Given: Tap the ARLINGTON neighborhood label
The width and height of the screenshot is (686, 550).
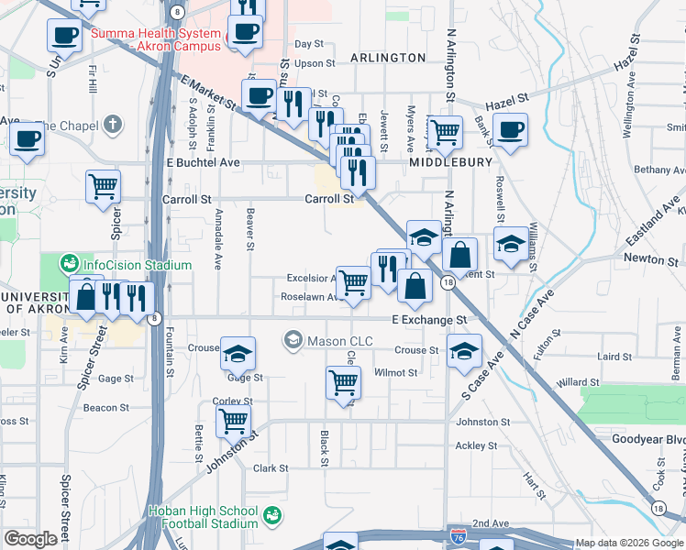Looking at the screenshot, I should pos(388,58).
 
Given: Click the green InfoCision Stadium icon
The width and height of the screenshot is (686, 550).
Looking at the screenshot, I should pos(69,265).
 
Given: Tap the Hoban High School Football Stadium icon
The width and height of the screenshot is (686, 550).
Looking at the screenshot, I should pos(271,516).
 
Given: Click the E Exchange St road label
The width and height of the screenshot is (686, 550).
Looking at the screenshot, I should pos(429,320).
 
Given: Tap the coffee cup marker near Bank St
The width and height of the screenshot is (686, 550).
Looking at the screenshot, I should pos(510,129).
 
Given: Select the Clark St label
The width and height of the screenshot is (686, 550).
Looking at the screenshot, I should pos(271,467).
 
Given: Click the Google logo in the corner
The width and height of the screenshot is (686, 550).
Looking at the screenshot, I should pos(30,539).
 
